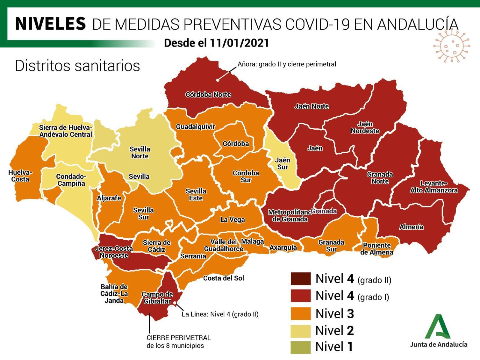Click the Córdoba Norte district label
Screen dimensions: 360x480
[x=208, y=95]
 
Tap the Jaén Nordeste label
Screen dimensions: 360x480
[x=365, y=127]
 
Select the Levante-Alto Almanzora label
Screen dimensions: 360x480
[x=434, y=187]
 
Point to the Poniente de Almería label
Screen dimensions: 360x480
[x=376, y=249]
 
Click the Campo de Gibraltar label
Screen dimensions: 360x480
[x=157, y=298]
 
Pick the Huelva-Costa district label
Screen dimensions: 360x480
[x=20, y=176]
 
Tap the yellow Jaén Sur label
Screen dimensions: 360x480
[x=282, y=164]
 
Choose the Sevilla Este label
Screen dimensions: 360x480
[x=196, y=195]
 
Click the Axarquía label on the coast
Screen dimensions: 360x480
[x=283, y=247]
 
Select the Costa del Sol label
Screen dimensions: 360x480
[x=223, y=278]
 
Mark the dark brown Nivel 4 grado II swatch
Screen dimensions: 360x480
[x=301, y=279]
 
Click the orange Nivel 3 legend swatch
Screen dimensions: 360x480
[x=301, y=313]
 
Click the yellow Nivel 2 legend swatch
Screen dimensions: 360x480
[x=301, y=330]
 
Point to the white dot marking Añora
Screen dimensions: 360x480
[x=218, y=80]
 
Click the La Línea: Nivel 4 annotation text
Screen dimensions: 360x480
[x=220, y=314]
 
